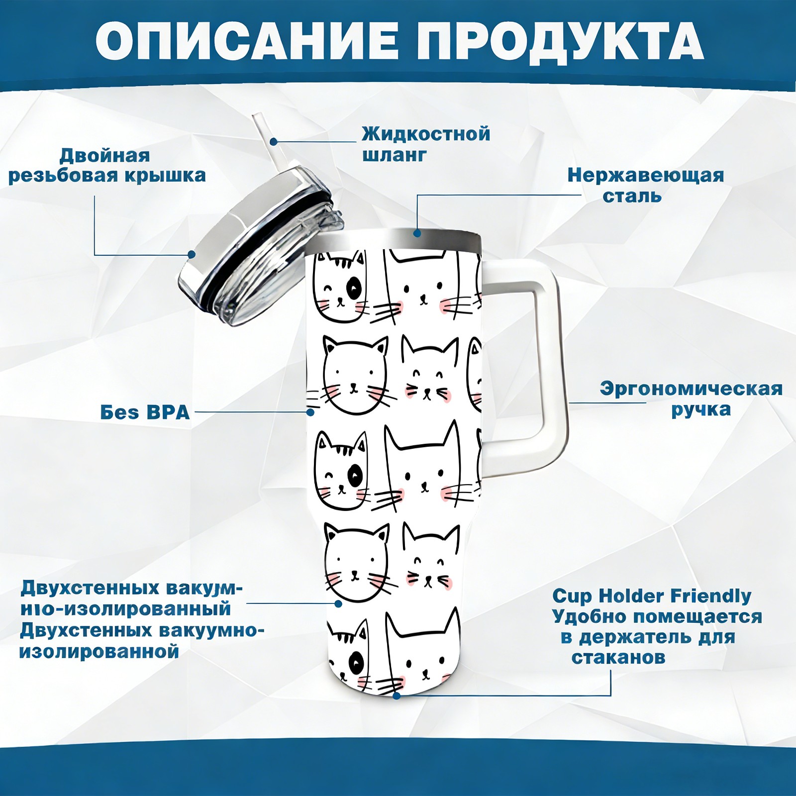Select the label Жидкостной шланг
tap(426, 144)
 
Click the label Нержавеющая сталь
tap(646, 185)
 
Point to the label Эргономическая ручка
tap(691, 399)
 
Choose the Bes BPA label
tap(145, 412)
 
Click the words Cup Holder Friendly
tap(652, 596)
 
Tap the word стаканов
tap(618, 658)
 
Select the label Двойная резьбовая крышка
tap(107, 165)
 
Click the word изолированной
tap(99, 651)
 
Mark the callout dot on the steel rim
tap(417, 232)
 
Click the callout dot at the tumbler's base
tap(397, 696)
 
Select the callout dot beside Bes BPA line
tap(310, 412)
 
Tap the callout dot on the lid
tap(192, 254)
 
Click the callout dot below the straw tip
tap(274, 141)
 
